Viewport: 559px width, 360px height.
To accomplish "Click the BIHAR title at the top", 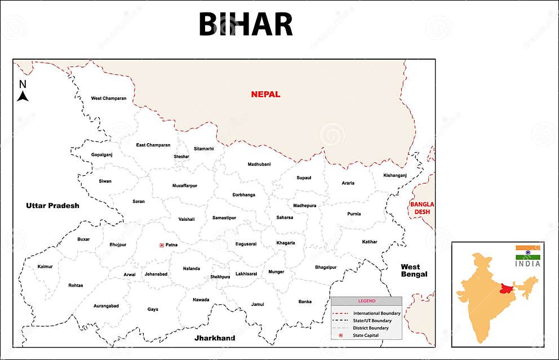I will click(x=246, y=24).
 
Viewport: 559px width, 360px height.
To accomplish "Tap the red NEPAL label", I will click(x=265, y=94).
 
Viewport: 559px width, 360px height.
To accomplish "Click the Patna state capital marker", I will click(x=162, y=245).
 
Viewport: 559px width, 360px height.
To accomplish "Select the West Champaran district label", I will click(x=109, y=99).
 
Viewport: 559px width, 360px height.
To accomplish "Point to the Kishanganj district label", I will click(x=395, y=175).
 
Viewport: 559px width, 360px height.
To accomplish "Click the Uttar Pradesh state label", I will click(x=52, y=206).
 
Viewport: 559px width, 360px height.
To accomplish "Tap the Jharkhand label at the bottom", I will click(x=215, y=338).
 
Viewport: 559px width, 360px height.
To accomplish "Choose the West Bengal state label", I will click(x=414, y=270).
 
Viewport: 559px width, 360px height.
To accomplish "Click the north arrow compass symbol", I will click(x=23, y=91).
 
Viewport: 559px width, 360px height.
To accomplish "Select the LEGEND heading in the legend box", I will click(x=366, y=301).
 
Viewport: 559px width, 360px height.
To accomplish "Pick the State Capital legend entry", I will click(x=366, y=335).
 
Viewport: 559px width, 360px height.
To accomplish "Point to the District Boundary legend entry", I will click(x=370, y=328).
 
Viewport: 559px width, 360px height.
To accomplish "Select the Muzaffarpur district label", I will click(x=185, y=185).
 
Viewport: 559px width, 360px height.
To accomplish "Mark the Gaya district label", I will click(x=153, y=309).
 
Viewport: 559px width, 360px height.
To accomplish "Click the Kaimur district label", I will click(x=45, y=266).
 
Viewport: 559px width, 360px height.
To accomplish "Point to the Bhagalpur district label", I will click(x=326, y=267).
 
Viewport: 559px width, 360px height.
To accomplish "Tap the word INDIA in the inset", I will click(x=528, y=264).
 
